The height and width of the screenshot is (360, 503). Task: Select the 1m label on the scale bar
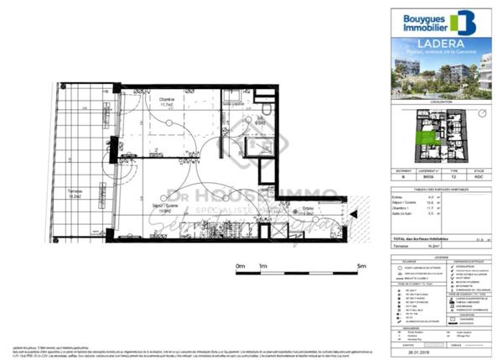click(x=264, y=266)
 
